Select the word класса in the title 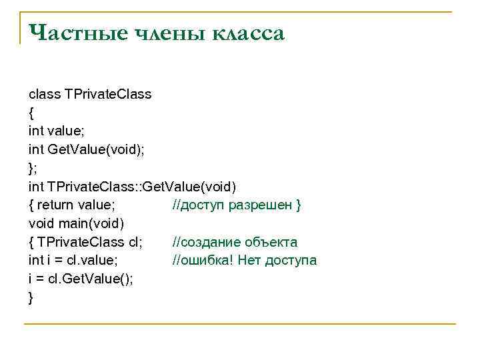[x=248, y=33]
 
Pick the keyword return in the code [x=56, y=205]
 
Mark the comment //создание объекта [x=235, y=242]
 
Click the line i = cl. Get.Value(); [x=81, y=279]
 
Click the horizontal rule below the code [x=240, y=325]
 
